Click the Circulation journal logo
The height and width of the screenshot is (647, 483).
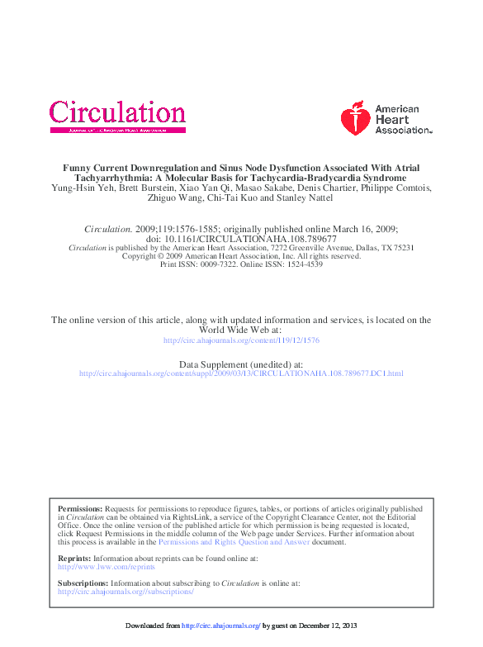coord(117,115)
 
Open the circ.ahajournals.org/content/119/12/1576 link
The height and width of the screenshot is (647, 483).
coord(240,340)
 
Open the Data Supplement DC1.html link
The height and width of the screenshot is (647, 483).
coord(240,373)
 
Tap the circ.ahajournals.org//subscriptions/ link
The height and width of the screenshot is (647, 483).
coord(125,592)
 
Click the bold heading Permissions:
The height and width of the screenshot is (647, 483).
coord(80,509)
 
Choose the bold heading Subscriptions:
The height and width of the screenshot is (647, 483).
coord(83,583)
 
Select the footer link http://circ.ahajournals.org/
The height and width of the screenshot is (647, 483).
coord(220,626)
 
